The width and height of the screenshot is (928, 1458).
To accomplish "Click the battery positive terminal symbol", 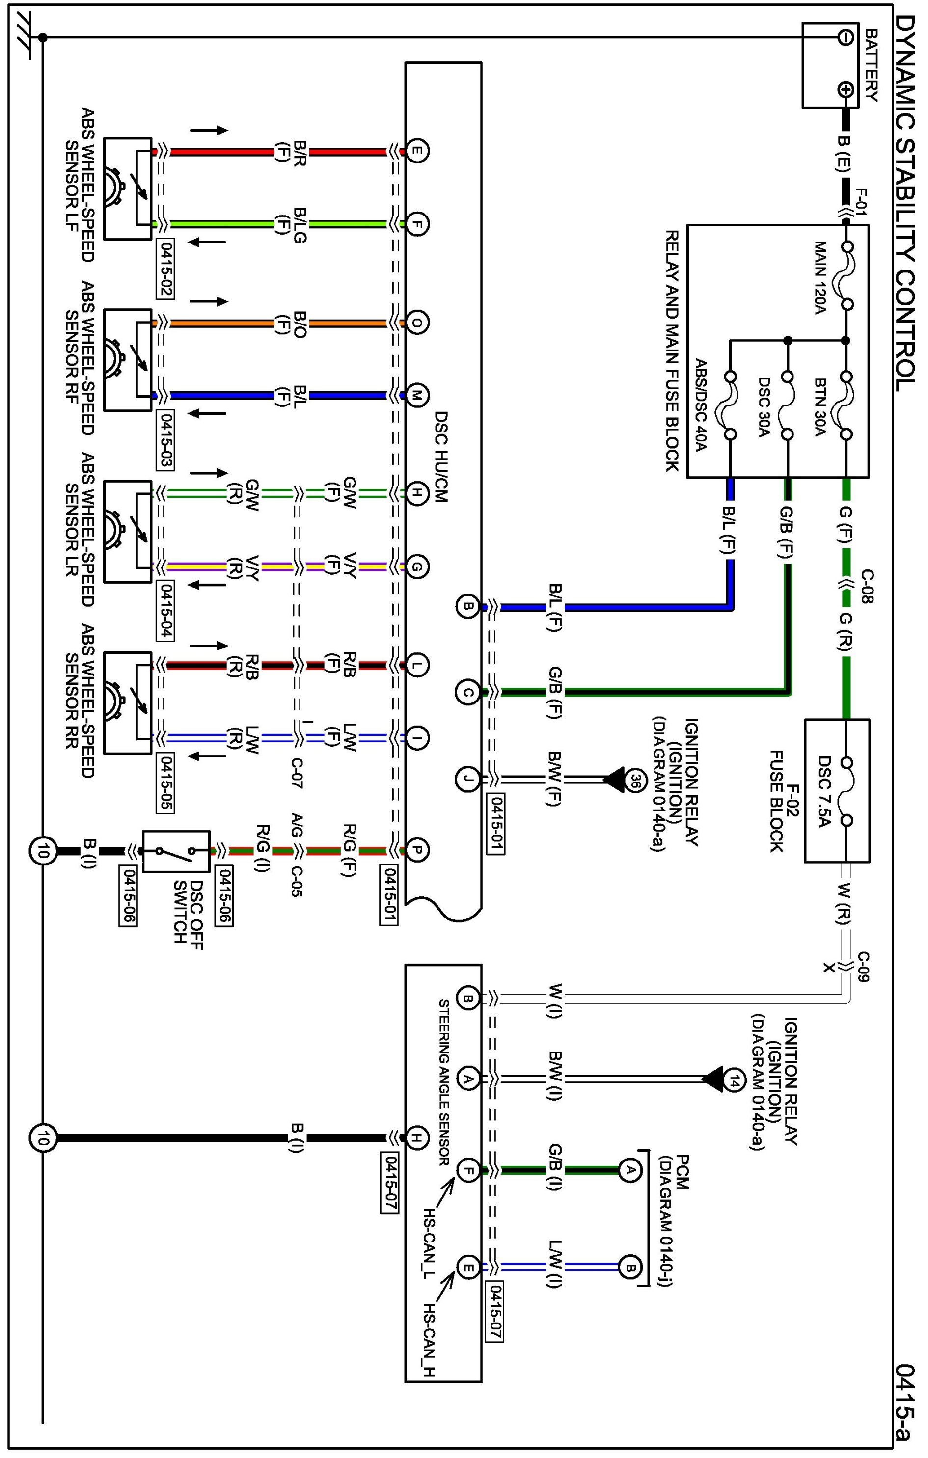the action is tap(846, 90).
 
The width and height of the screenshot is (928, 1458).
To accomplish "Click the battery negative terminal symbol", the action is tap(846, 37).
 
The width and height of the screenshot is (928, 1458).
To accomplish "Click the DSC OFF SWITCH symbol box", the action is tap(176, 851).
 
